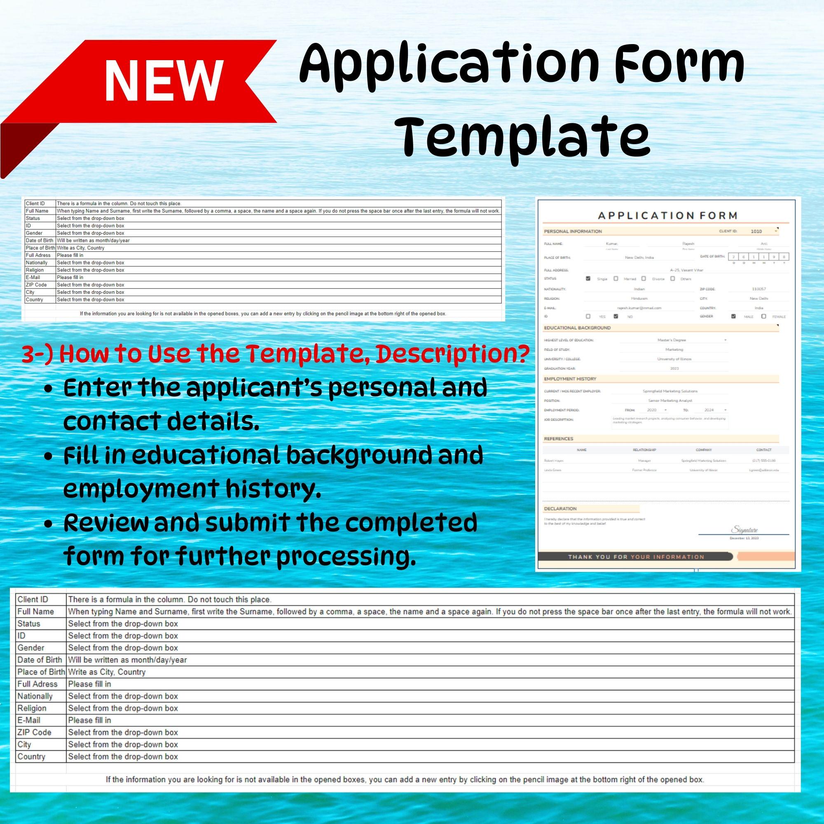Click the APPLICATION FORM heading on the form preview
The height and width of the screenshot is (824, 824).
(x=668, y=215)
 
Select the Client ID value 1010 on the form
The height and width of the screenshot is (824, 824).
(x=756, y=231)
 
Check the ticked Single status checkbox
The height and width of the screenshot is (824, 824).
(x=588, y=279)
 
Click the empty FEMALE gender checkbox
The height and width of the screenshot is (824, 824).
(x=764, y=316)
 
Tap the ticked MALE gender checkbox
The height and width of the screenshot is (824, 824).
(x=734, y=316)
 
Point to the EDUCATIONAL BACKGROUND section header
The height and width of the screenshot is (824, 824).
(x=577, y=328)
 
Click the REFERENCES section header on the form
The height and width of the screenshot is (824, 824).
(x=558, y=439)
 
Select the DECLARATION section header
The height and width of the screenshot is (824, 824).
(x=560, y=508)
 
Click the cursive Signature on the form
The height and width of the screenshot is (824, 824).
(x=744, y=530)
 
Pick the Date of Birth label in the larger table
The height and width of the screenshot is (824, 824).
(x=40, y=660)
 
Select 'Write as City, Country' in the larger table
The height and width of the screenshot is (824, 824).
(x=107, y=672)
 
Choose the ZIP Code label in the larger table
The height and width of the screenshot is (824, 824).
(x=34, y=732)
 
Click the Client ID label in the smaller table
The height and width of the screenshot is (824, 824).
(x=35, y=204)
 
